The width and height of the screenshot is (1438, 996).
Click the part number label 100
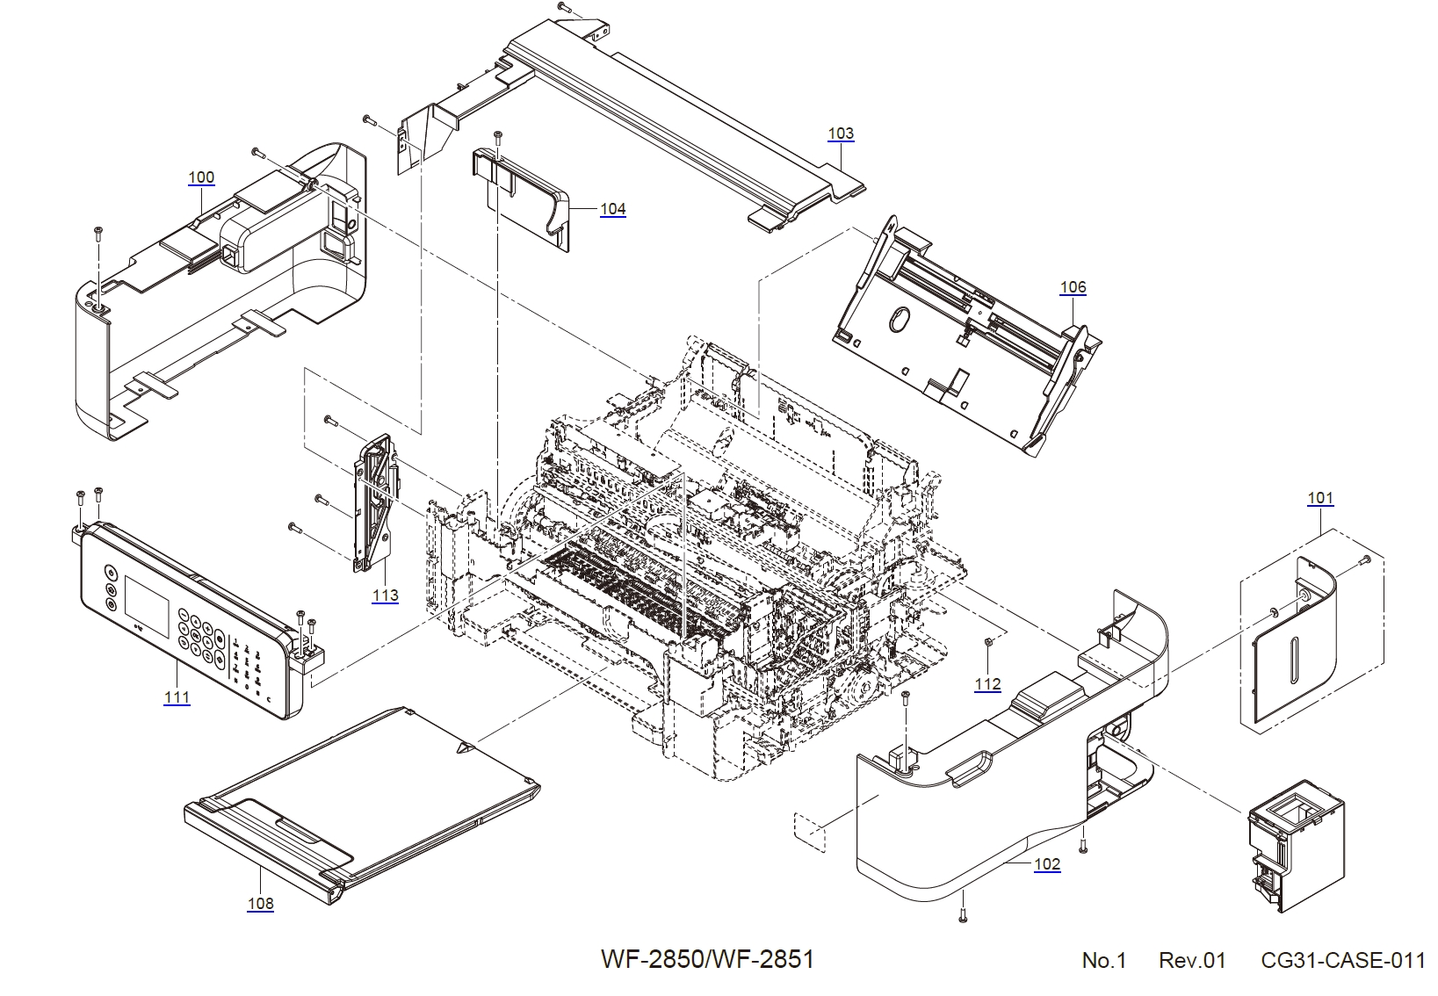201,177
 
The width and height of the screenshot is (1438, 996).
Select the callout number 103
841,134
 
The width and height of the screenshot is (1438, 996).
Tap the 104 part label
612,209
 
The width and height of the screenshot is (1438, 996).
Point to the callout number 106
1073,287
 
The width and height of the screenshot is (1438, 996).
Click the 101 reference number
1320,498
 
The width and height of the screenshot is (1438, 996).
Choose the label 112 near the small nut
987,684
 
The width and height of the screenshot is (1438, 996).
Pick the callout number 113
385,595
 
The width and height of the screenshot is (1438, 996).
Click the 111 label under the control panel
177,697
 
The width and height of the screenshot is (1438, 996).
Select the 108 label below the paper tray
261,903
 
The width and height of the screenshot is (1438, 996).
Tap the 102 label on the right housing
1047,864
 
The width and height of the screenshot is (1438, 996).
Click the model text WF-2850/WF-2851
707,958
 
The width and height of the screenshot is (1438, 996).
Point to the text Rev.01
1191,961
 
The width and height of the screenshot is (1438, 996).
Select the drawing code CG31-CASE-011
1342,961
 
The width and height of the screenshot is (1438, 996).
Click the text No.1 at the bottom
1103,961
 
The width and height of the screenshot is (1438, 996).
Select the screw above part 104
498,136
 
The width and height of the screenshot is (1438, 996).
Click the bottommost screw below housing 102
963,917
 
